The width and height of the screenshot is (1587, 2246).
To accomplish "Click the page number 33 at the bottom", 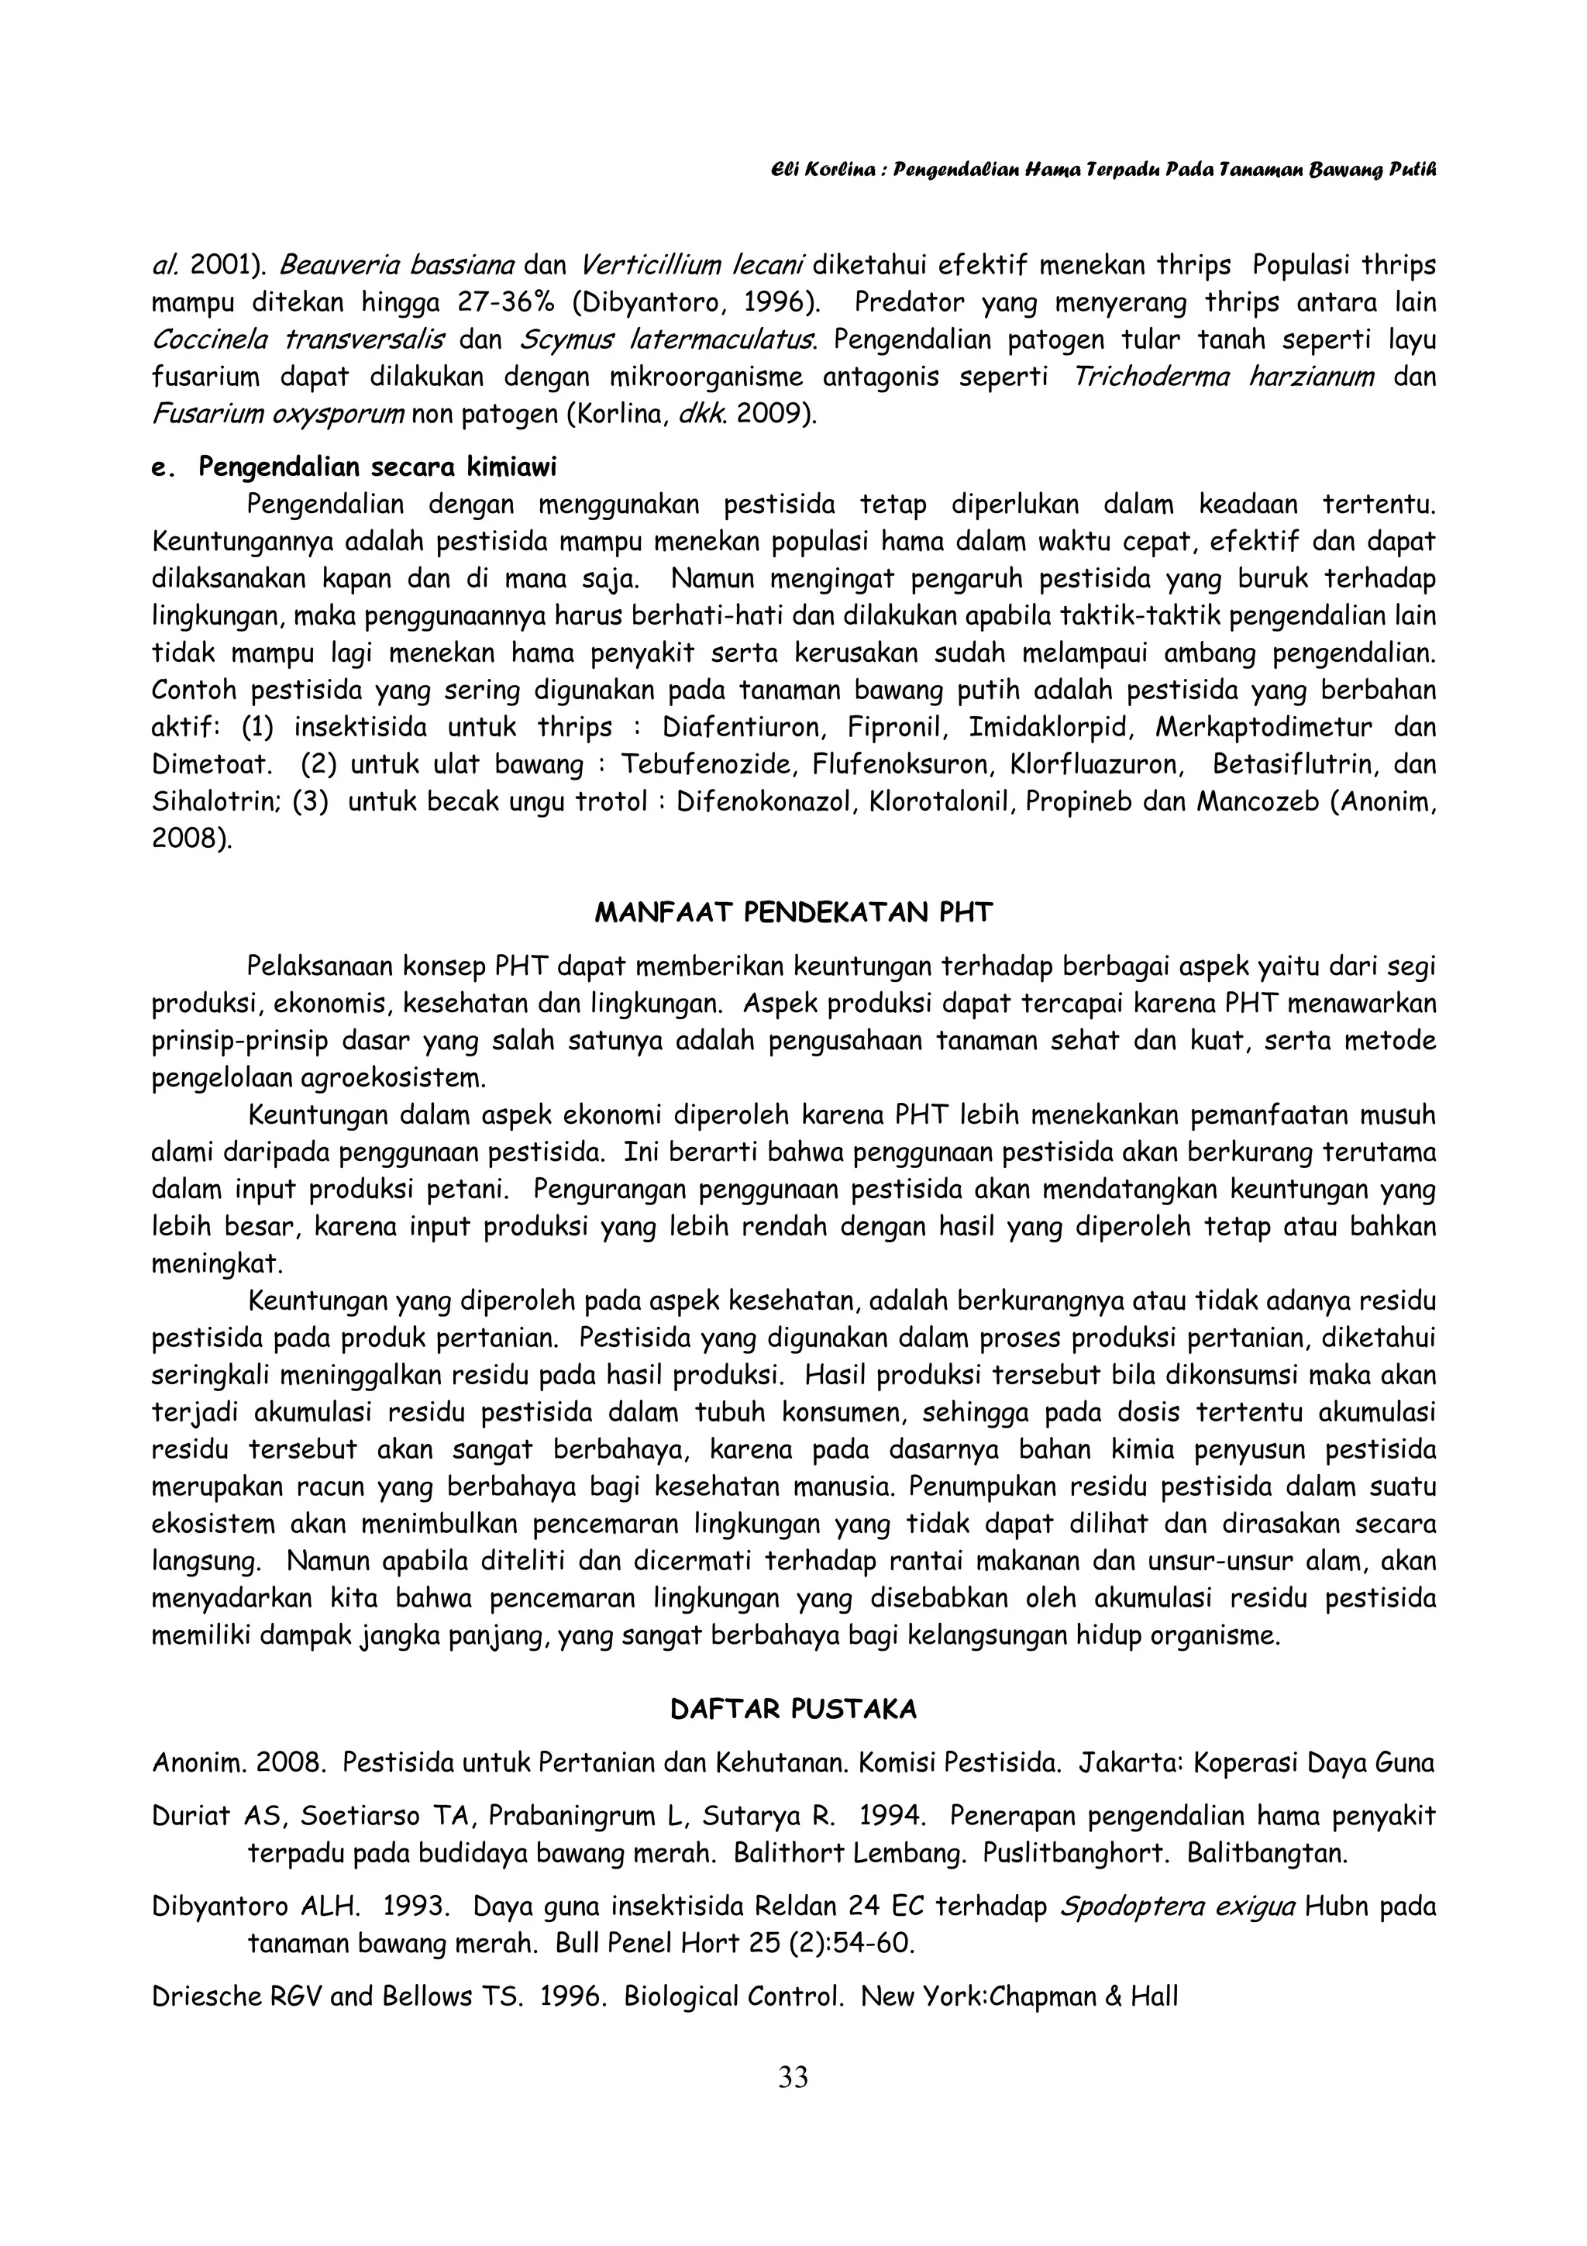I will [793, 2077].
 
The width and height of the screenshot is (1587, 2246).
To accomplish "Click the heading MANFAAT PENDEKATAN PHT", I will [793, 913].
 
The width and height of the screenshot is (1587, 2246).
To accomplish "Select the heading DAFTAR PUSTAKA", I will [793, 1709].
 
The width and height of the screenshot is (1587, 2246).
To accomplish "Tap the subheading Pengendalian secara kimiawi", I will [377, 467].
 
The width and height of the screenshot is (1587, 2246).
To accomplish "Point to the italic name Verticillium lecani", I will [691, 265].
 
